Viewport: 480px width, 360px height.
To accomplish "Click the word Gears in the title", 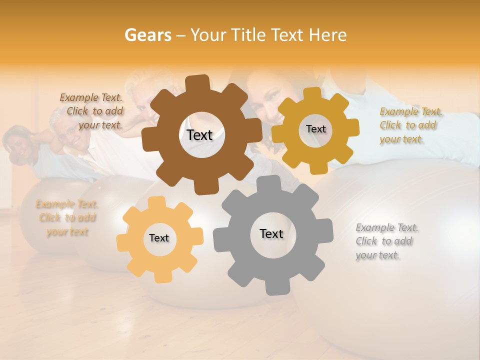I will [148, 35].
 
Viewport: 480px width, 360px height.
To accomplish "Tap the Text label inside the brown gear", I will [199, 135].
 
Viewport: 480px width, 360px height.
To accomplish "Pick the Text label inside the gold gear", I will [315, 129].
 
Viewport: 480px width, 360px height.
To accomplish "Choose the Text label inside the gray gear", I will [271, 233].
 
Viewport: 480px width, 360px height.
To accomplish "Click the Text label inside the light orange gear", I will [159, 238].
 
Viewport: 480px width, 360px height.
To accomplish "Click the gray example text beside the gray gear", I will [387, 241].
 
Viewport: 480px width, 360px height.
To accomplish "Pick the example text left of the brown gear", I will [92, 111].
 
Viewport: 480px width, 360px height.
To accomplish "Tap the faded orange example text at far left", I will [67, 217].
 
